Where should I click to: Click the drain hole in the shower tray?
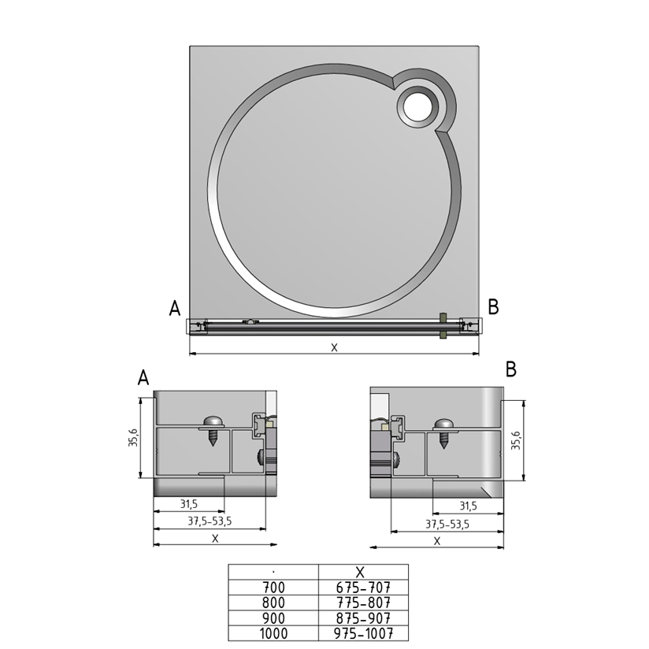point(417,106)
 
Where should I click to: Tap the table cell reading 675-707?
point(363,588)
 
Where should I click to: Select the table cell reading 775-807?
point(363,603)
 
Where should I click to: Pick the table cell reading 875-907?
point(363,618)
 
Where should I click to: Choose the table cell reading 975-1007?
point(363,633)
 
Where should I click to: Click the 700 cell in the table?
point(273,588)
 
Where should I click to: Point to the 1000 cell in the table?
point(273,633)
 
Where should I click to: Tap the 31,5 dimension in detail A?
point(189,504)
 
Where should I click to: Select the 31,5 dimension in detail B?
point(468,506)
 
